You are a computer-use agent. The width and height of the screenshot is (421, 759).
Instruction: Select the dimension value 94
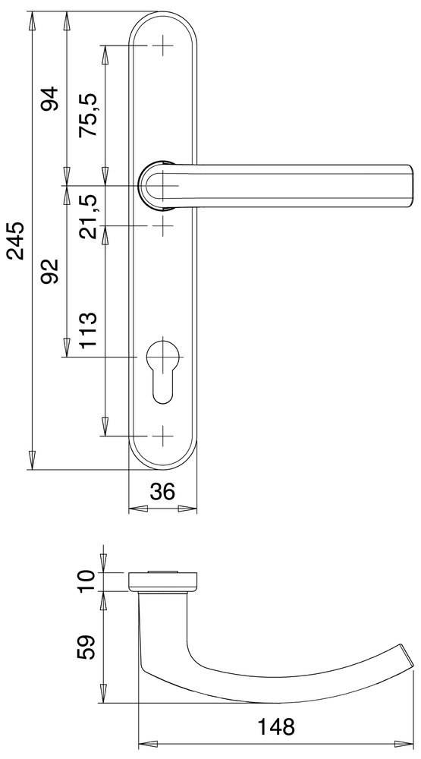tap(50, 99)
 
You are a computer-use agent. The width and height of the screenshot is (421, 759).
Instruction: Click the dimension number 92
tap(50, 271)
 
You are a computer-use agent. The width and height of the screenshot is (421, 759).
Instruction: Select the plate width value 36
tap(162, 492)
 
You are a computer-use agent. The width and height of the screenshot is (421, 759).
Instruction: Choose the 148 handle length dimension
tap(274, 727)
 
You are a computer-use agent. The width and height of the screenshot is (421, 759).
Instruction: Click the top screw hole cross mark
tap(162, 46)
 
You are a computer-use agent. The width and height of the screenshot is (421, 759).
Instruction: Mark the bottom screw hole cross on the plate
tap(162, 436)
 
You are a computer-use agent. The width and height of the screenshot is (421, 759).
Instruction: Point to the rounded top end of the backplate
tap(162, 18)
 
